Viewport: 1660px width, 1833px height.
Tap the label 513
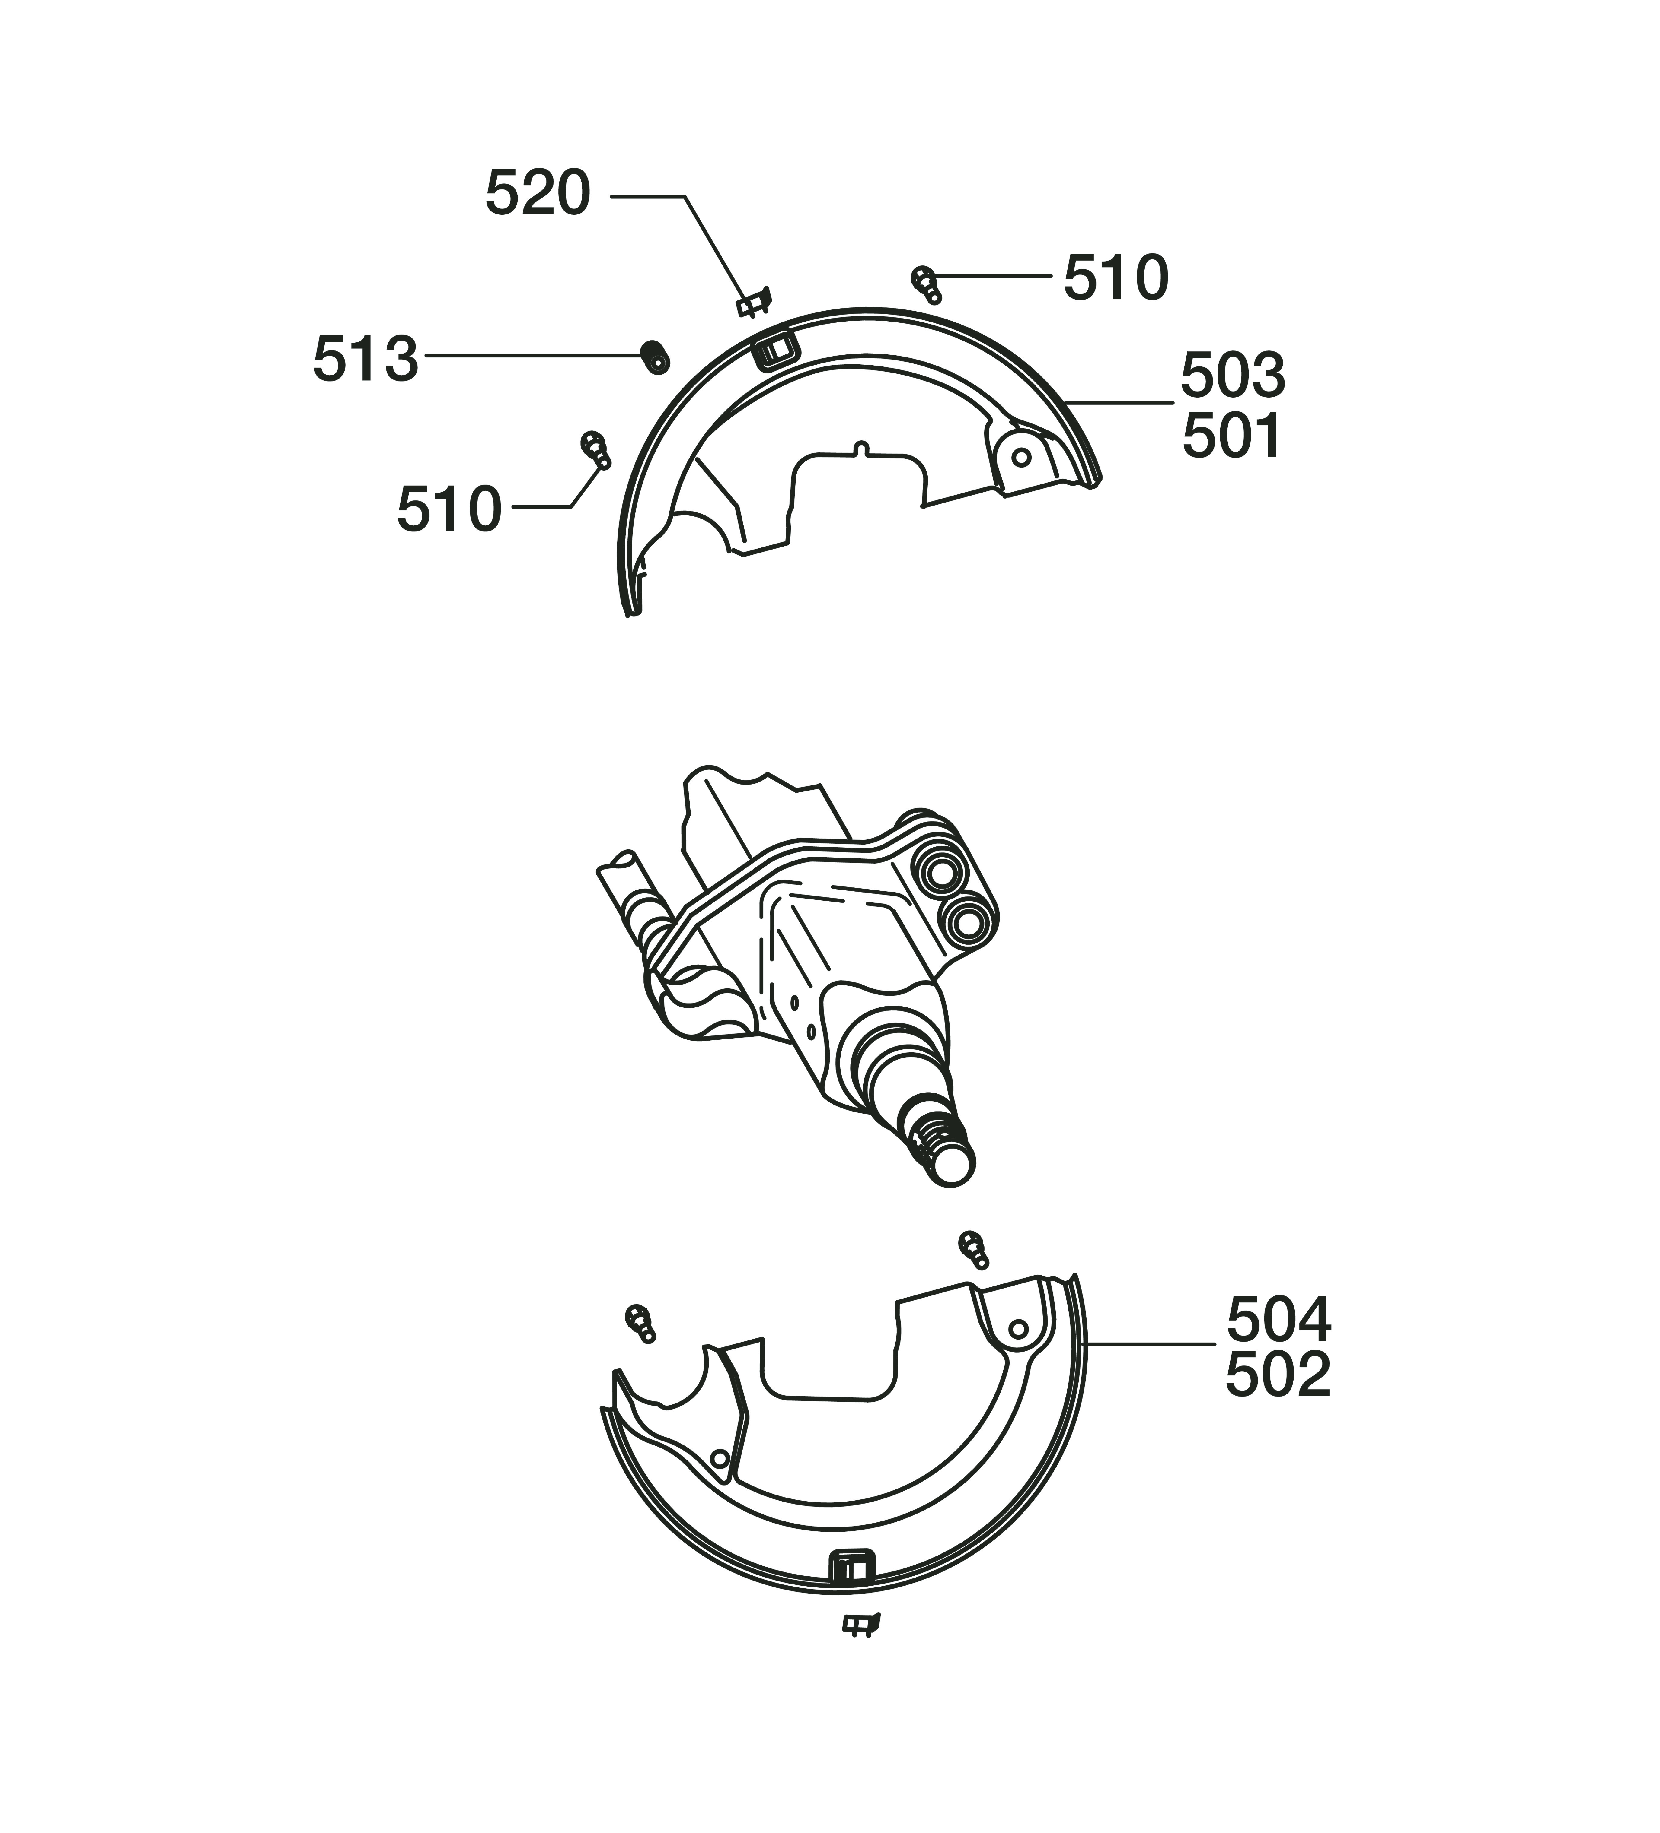(366, 358)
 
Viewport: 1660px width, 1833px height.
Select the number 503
(1233, 375)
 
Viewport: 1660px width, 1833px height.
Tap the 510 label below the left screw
(449, 509)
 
